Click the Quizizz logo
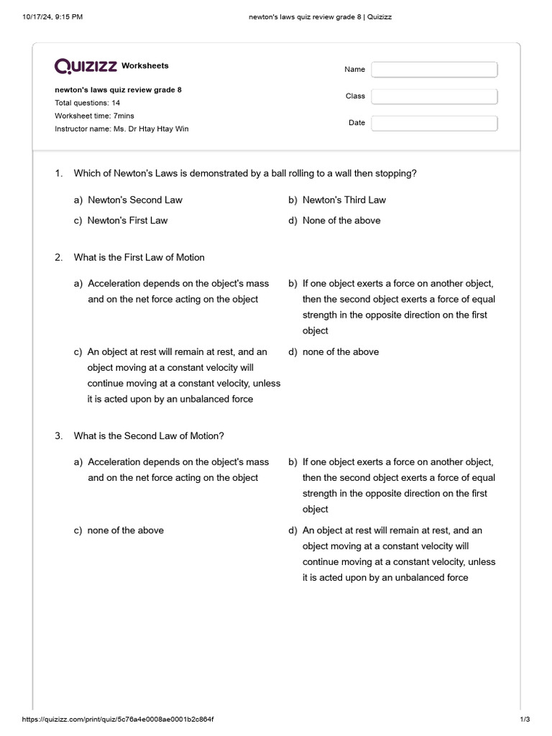86,66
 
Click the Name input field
434,70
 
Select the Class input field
434,96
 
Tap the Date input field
434,123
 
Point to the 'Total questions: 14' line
87,103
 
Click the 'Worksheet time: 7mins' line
94,116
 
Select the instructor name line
121,129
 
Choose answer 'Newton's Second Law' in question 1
134,200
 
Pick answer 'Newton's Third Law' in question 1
344,200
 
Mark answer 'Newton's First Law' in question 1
127,221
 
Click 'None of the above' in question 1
341,221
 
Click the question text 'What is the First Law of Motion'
139,257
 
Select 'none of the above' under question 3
125,530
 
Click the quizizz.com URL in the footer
118,719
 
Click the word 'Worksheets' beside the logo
144,65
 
